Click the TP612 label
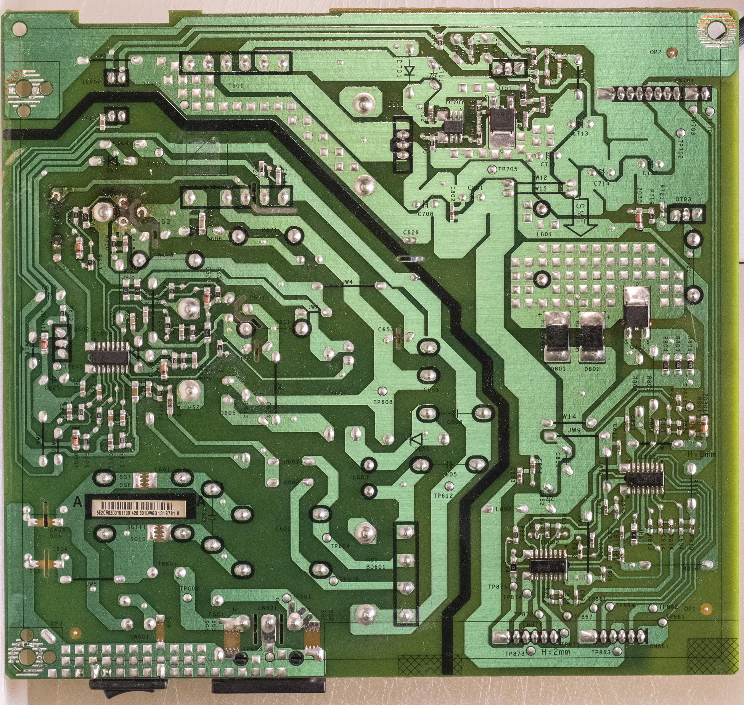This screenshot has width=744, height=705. tap(443, 495)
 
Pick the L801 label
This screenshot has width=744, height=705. tap(543, 234)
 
